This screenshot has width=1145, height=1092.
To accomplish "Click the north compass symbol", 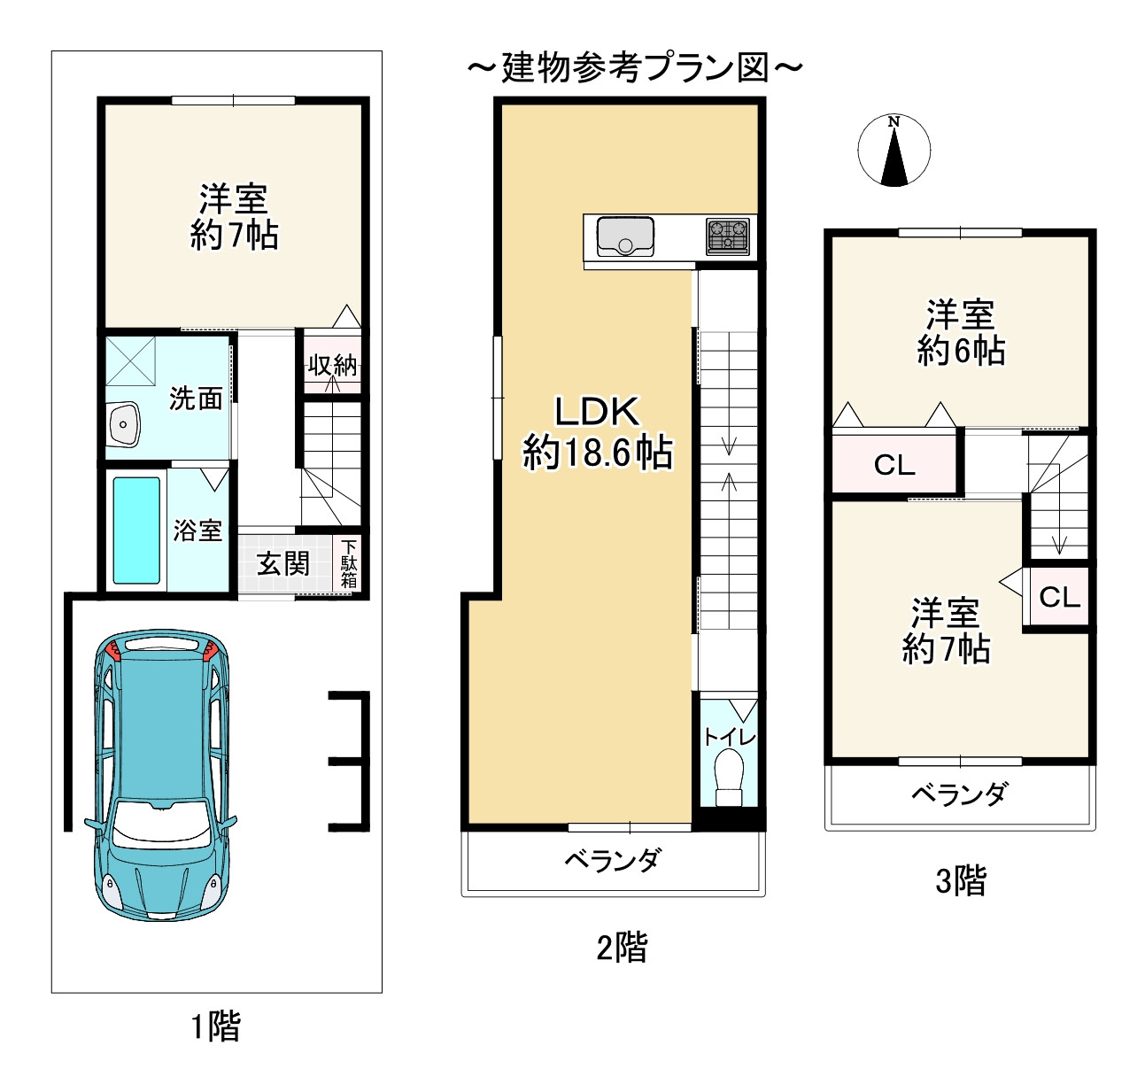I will point(894,151).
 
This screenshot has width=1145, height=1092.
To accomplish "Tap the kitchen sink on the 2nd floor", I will point(625,236).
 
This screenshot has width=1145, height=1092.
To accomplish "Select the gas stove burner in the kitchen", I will point(727,236).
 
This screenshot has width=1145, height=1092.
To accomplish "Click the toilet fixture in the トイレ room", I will point(729,777).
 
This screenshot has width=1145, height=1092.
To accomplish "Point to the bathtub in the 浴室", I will point(136,531).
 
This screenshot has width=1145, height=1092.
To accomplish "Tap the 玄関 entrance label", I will point(282,563).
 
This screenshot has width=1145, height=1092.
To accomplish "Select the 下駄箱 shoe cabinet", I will point(349,564).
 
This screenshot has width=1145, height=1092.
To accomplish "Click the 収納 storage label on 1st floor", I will point(332,365).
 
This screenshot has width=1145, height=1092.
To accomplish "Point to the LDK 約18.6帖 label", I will point(597,432).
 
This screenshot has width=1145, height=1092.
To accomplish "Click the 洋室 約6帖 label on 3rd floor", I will point(961,333).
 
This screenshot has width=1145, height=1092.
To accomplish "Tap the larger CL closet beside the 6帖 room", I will point(894,465).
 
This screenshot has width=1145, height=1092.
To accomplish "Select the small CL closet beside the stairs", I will point(1059,597).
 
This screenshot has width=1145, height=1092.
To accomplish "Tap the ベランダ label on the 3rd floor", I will point(960,794).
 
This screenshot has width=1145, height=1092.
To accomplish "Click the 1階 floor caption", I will point(216,1026).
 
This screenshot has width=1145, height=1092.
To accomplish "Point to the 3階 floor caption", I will point(961,881).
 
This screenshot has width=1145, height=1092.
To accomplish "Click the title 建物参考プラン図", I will point(635,68).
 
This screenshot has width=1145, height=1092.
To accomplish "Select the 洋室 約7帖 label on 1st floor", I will point(234,216).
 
